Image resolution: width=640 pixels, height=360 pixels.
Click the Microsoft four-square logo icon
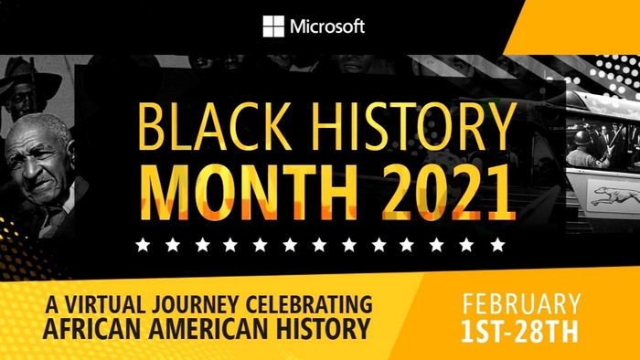pos(273,26)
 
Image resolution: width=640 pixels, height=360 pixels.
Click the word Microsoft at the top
pos(327,26)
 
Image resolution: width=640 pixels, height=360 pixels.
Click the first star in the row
pos(142,244)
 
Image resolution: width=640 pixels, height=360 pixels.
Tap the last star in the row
pos(497,244)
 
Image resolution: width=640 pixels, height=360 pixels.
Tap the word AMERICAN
pos(193,326)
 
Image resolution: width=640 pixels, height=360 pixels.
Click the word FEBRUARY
pos(521,304)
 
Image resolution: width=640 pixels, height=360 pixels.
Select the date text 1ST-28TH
pos(521,331)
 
